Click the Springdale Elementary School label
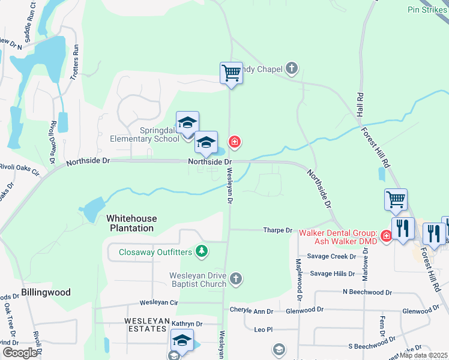[144, 134]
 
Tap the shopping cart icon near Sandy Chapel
[231, 74]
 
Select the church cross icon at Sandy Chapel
[292, 68]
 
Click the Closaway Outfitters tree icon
[202, 251]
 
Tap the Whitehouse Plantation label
[131, 223]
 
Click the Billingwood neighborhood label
[46, 292]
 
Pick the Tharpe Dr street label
[277, 230]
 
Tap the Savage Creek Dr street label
[332, 256]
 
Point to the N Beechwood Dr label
[367, 292]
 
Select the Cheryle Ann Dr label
[252, 311]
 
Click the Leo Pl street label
[264, 329]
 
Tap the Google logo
[19, 353]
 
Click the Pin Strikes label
[428, 10]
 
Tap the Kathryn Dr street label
[187, 323]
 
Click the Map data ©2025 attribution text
[423, 355]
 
